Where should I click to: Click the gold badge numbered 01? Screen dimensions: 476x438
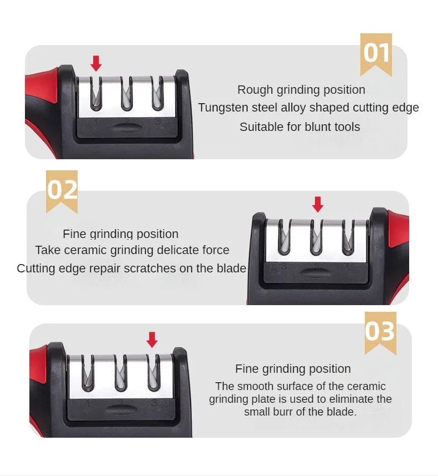pyautogui.click(x=376, y=53)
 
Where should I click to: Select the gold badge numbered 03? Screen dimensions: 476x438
pyautogui.click(x=380, y=332)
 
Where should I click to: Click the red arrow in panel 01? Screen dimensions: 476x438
pyautogui.click(x=96, y=63)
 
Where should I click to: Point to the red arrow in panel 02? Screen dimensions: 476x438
pyautogui.click(x=317, y=204)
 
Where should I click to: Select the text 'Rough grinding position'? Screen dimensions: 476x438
pyautogui.click(x=301, y=90)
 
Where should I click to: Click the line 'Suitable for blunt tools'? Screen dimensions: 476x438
pyautogui.click(x=299, y=127)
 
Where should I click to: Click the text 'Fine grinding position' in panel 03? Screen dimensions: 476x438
pyautogui.click(x=293, y=369)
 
